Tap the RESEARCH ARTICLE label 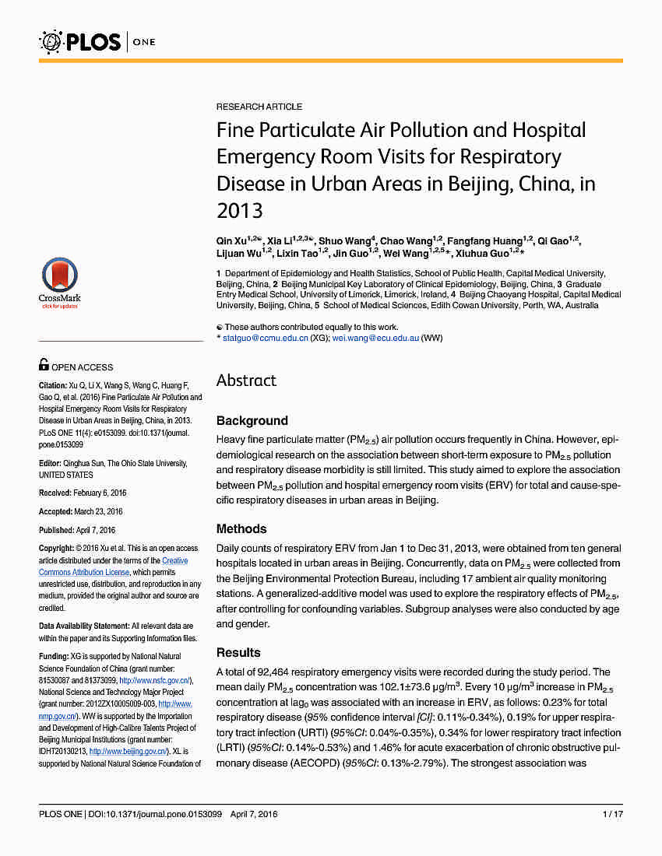click(x=259, y=107)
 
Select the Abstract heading click(x=246, y=381)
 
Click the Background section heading click(x=252, y=421)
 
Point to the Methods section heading click(x=241, y=529)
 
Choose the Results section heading click(x=238, y=653)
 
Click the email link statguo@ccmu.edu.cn click(x=265, y=339)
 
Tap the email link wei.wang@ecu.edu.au click(x=375, y=339)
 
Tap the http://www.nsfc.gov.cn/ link click(x=154, y=680)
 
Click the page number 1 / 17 click(x=612, y=815)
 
